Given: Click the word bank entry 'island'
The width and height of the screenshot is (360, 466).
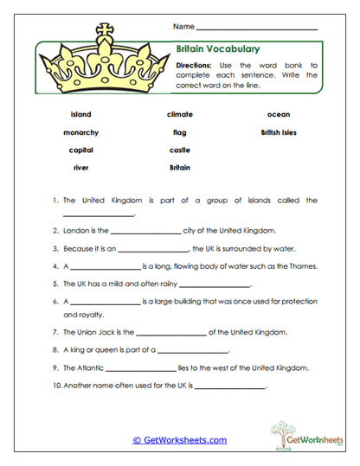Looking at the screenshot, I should coord(80,114).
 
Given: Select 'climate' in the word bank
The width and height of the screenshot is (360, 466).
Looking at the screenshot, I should coord(180,114).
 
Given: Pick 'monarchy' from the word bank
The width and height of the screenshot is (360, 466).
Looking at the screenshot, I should coord(80,132).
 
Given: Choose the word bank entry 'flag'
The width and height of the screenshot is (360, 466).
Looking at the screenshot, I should coord(180,132).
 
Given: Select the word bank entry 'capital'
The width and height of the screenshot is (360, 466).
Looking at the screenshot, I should coord(80,150).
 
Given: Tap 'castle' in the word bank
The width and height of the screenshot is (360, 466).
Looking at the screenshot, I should coord(180,150).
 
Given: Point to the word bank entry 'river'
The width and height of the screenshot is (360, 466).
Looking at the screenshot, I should coord(80,167).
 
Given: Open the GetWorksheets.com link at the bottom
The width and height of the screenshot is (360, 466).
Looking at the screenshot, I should coord(180,440).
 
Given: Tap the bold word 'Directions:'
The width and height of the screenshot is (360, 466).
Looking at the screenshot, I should coord(197,65).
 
